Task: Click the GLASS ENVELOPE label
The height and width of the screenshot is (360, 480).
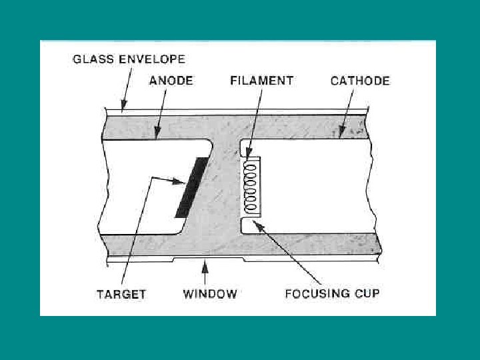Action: (x=128, y=59)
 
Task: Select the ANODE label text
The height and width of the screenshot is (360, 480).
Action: (x=171, y=81)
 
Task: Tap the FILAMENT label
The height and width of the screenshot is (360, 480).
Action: (x=261, y=81)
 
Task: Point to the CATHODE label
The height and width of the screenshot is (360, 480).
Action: (x=360, y=81)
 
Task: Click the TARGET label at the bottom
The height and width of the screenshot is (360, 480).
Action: (x=121, y=293)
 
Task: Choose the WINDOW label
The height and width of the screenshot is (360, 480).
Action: (x=210, y=293)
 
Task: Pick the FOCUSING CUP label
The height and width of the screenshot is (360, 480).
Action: (x=332, y=293)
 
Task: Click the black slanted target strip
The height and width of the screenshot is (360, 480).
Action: (x=191, y=187)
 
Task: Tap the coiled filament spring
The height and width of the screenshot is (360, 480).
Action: (x=251, y=187)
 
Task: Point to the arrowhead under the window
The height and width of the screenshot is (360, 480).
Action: (x=205, y=266)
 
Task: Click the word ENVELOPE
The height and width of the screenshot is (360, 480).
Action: (x=154, y=59)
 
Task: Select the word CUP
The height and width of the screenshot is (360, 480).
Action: (x=367, y=293)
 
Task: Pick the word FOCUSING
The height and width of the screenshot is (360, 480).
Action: (x=317, y=293)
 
